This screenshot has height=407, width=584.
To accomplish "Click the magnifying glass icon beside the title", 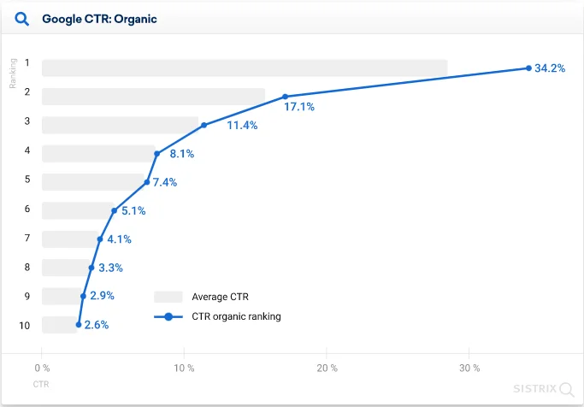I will click(22, 18).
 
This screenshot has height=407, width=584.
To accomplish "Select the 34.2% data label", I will click(550, 68).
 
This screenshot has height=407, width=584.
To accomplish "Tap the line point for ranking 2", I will click(286, 97).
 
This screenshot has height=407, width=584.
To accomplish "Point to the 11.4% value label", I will click(242, 125).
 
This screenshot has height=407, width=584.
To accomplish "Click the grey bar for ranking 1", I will click(245, 68).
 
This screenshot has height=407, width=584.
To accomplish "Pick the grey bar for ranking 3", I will click(120, 125).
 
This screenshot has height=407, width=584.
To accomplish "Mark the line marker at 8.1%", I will click(157, 154).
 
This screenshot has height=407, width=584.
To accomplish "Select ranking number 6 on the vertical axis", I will click(27, 209).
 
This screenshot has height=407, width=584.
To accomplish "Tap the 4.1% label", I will click(120, 239).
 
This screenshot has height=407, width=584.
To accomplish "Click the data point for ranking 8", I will click(91, 268).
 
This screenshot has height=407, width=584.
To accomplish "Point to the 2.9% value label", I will click(102, 296).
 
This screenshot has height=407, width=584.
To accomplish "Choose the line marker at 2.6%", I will click(79, 325).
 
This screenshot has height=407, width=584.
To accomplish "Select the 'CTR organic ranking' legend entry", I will click(237, 316).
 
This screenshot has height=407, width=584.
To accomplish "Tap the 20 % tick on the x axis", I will click(326, 369).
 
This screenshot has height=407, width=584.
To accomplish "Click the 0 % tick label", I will click(42, 369).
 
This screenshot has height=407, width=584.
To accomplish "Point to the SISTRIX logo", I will click(542, 388).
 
